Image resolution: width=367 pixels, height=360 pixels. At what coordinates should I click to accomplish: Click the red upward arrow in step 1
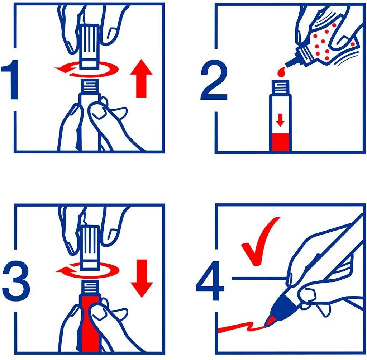click(x=141, y=79)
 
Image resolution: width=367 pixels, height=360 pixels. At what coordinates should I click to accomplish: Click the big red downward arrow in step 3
click(x=142, y=279)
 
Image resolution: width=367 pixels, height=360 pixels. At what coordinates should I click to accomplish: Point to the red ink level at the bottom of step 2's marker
click(x=280, y=142)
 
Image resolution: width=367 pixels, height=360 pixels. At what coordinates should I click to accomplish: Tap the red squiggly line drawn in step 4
click(x=241, y=327)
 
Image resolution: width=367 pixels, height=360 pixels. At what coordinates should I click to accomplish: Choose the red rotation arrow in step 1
click(x=87, y=69)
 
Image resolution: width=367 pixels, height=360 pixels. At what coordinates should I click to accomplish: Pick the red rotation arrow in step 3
click(x=87, y=271)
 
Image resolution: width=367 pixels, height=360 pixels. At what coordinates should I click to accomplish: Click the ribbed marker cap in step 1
click(x=89, y=46)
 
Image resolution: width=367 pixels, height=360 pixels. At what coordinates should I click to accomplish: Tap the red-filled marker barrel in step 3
click(x=90, y=325)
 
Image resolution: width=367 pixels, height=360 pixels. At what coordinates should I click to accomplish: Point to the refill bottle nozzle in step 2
click(x=291, y=61)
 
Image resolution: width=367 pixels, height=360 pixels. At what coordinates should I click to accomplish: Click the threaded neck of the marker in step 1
click(x=90, y=86)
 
